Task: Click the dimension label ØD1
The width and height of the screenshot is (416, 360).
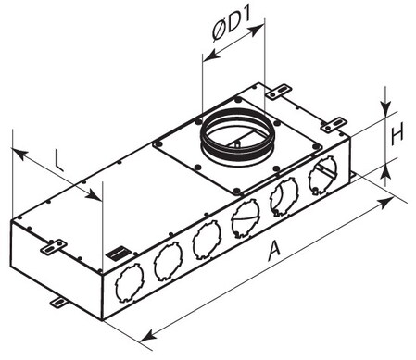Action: pos(231,26)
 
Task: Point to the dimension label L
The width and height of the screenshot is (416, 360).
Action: pos(58,160)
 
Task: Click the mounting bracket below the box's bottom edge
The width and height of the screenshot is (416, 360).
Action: pos(58,303)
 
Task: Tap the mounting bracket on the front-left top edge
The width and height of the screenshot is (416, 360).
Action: pos(54,247)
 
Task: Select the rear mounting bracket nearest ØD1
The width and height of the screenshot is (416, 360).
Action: pos(279,92)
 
